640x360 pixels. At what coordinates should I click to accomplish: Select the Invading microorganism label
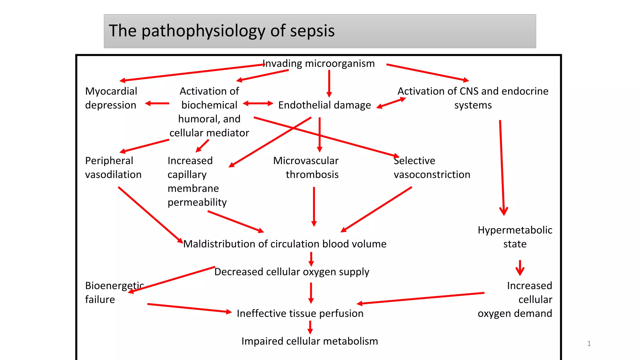pos(318,63)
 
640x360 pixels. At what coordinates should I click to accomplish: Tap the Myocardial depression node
pos(111,98)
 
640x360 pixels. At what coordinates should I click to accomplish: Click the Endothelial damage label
pos(324,105)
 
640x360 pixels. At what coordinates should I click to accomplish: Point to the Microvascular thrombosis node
pos(306,167)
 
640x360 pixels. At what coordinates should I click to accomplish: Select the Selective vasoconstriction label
pos(432,167)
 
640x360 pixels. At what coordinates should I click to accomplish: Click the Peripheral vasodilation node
pos(113,167)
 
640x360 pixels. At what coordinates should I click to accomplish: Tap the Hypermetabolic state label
pos(515,237)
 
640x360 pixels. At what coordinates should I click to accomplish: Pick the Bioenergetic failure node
pos(114,292)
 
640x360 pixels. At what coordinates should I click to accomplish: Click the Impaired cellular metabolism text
pos(309,341)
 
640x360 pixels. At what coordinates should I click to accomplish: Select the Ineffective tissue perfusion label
pos(300,313)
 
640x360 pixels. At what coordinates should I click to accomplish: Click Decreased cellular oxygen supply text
pos(292,272)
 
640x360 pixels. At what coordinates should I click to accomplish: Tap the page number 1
pos(589,344)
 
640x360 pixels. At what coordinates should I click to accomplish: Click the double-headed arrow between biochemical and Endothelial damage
pos(258,103)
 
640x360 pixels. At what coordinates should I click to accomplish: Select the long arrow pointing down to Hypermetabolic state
pos(502,169)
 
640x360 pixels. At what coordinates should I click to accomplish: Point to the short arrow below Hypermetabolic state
pos(520,268)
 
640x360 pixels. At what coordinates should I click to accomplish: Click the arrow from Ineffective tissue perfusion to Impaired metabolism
pos(310,327)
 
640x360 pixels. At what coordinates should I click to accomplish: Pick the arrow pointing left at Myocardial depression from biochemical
pos(157,103)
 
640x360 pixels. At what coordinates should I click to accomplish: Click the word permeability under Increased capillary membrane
pos(197,202)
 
